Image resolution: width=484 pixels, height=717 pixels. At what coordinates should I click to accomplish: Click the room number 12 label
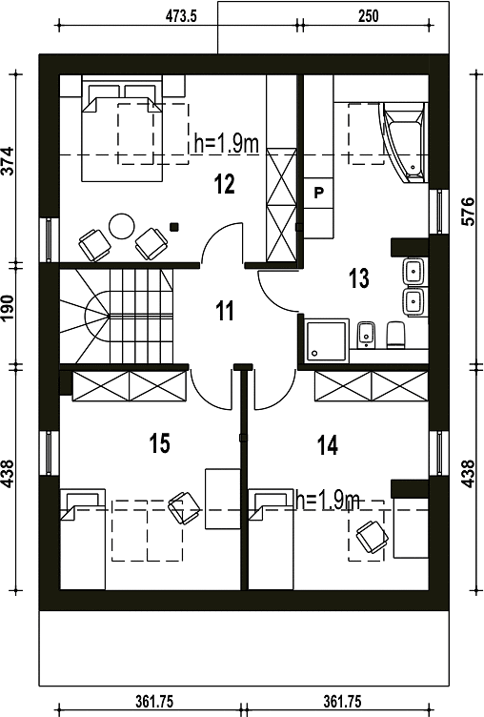[x=225, y=184]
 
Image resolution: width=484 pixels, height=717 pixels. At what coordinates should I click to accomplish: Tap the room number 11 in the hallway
[x=225, y=311]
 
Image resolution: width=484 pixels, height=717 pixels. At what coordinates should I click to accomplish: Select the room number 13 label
[x=359, y=278]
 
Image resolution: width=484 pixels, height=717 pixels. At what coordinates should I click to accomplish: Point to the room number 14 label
[x=328, y=445]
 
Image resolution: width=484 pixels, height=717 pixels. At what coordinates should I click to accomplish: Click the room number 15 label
[x=159, y=443]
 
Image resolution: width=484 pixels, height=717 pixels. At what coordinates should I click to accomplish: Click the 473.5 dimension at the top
[x=181, y=16]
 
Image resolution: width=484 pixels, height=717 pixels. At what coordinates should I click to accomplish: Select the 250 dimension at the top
[x=368, y=16]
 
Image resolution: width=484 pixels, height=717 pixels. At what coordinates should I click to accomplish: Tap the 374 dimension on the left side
[x=8, y=161]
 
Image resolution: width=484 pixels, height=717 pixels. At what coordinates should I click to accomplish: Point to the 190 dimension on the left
[x=8, y=308]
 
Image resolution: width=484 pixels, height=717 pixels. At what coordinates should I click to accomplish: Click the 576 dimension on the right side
[x=469, y=212]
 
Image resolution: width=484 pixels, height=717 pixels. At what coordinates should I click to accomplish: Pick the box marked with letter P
[x=318, y=193]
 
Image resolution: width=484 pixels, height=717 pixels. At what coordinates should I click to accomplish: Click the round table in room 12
[x=122, y=225]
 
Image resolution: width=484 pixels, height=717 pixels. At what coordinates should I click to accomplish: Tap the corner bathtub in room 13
[x=405, y=142]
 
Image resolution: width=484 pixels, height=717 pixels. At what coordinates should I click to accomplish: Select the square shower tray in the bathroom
[x=327, y=340]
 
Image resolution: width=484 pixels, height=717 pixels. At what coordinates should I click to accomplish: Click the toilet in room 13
[x=395, y=335]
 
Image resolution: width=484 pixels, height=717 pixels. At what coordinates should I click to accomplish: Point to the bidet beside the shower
[x=366, y=334]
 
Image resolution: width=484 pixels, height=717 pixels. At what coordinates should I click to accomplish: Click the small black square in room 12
[x=173, y=226]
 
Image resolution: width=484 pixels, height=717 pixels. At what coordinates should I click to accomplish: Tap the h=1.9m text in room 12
[x=227, y=144]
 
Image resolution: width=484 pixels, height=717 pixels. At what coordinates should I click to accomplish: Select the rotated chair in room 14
[x=372, y=538]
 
